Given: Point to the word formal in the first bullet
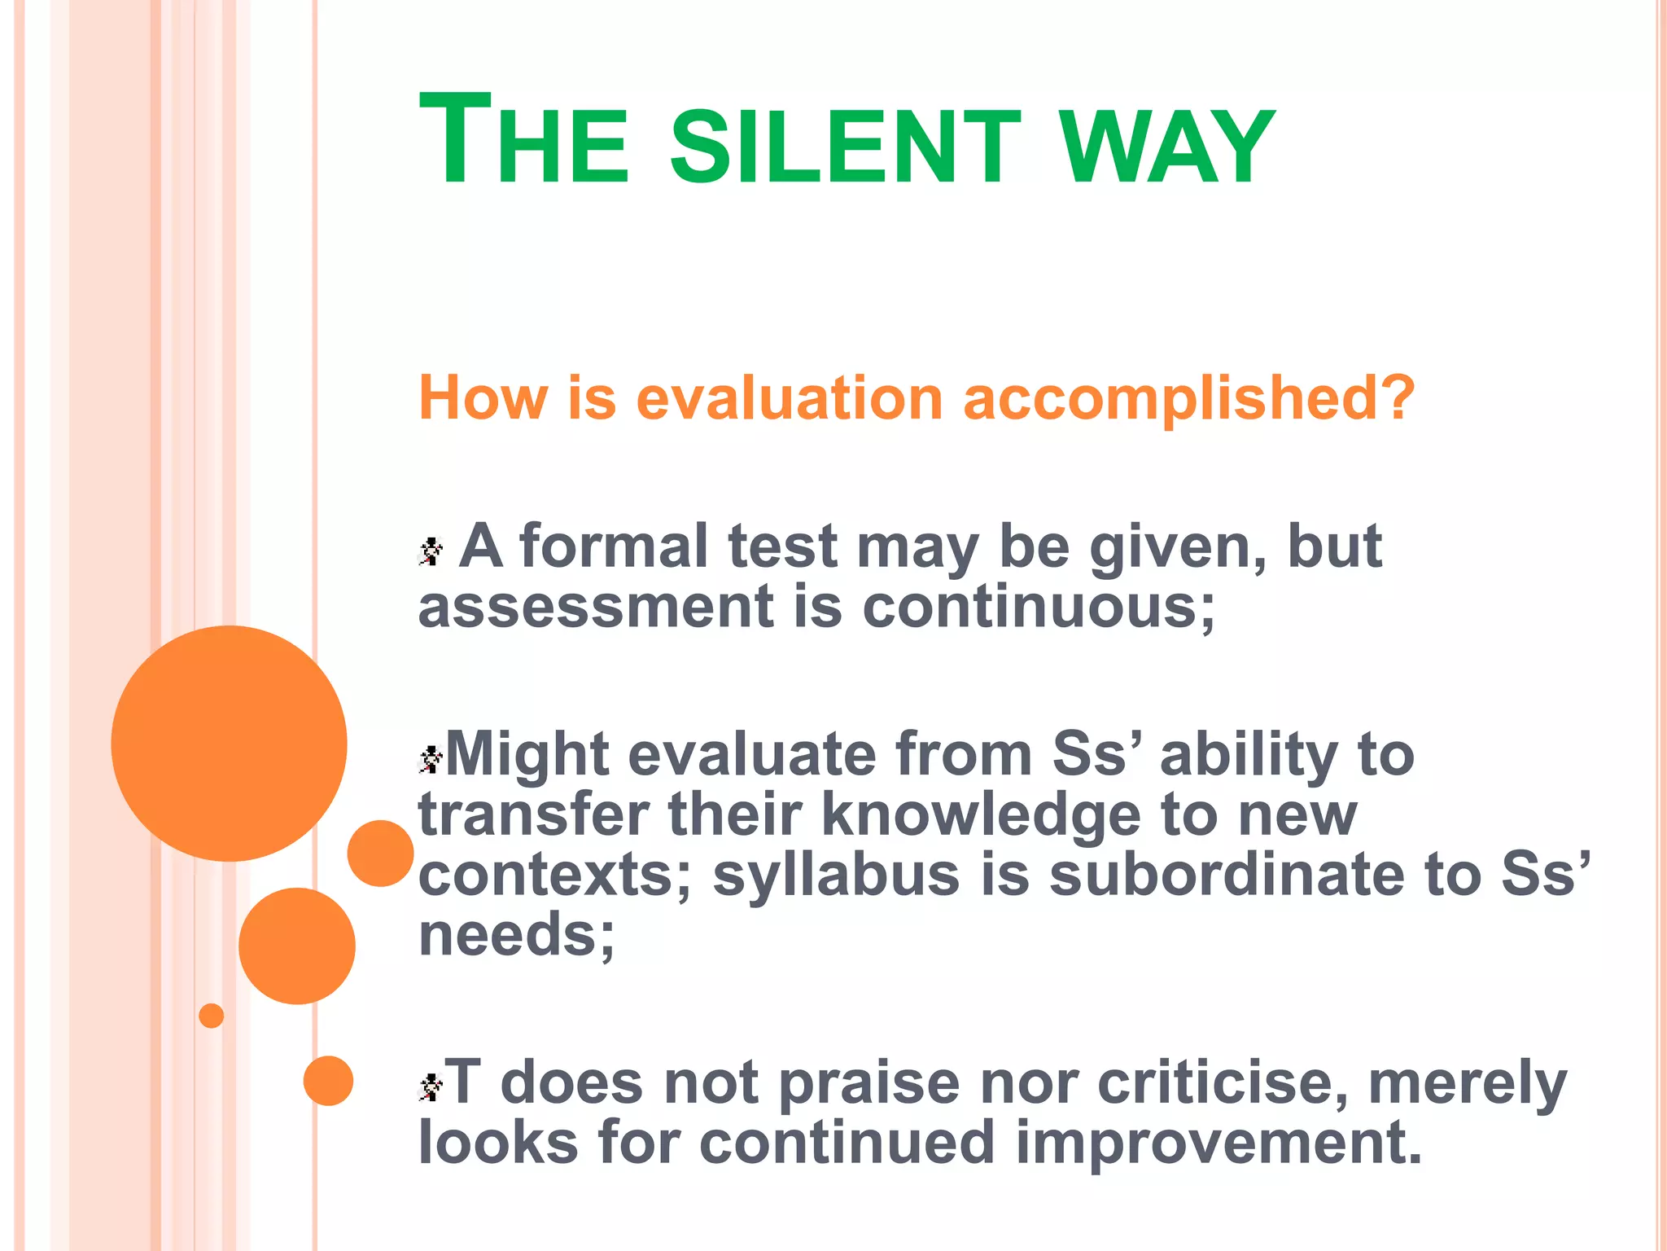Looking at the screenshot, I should (613, 546).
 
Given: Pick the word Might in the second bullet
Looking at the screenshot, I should (527, 753).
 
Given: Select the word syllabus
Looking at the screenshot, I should (836, 876).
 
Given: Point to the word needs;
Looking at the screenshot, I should (516, 935).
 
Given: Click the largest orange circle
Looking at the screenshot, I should (229, 743).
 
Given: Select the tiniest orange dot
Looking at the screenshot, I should (211, 1016).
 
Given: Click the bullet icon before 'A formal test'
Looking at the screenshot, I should (431, 551).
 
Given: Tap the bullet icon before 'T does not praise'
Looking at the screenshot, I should (431, 1086).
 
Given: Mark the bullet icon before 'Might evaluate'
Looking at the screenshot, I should (431, 759).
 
